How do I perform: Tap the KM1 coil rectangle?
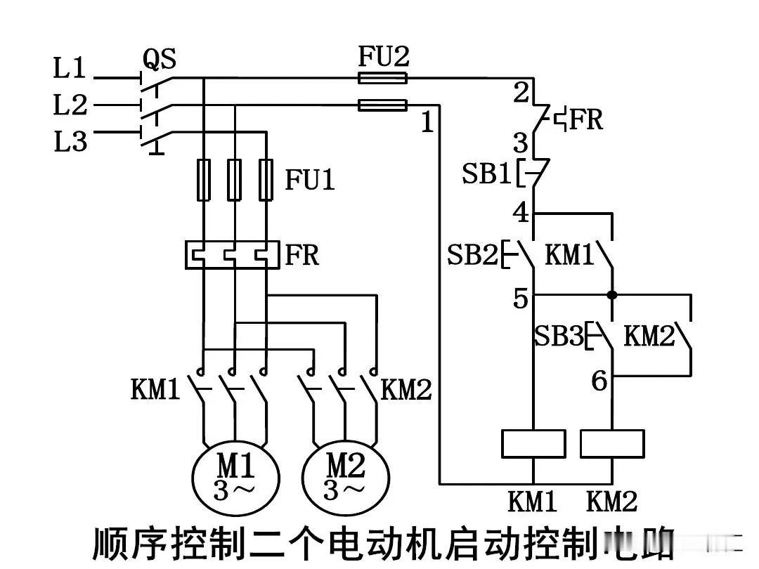(533, 444)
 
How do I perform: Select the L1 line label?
(70, 69)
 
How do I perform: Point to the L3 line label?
(70, 142)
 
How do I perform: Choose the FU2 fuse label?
(383, 56)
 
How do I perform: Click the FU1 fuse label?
(310, 181)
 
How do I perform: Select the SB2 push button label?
(472, 255)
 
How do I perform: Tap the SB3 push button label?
(558, 336)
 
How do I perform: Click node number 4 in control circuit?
(521, 212)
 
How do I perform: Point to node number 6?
(599, 381)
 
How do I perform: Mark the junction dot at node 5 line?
(612, 295)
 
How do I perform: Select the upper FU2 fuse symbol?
(383, 78)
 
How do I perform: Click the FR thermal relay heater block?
(231, 254)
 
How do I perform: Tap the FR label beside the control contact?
(585, 119)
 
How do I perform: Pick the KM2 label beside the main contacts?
(406, 390)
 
